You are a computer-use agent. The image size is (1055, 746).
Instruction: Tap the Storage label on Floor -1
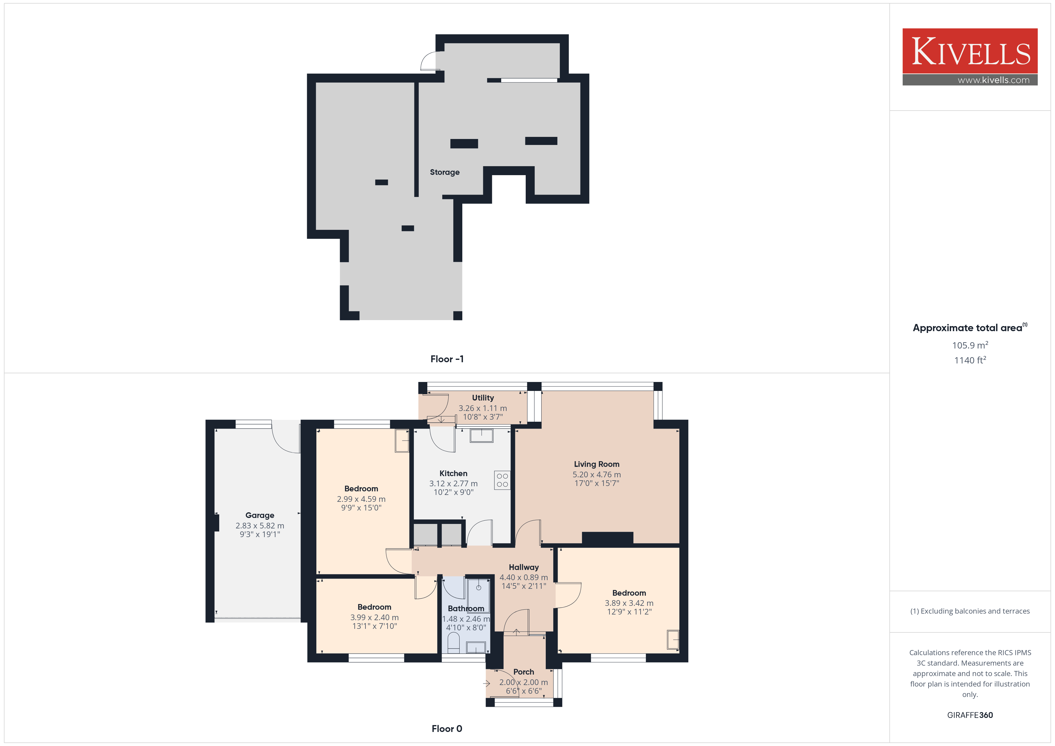[444, 172]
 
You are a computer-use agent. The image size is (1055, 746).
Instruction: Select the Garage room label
[260, 515]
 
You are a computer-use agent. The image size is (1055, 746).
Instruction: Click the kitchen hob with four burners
[502, 480]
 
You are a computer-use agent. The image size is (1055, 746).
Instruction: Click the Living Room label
[596, 464]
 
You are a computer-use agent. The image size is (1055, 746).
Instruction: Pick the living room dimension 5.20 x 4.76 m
[596, 475]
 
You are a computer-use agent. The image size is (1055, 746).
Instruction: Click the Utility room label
[483, 398]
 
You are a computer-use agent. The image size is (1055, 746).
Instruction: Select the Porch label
[524, 672]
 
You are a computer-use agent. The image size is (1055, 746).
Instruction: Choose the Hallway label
[524, 567]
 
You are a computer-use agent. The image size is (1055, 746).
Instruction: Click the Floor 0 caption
[447, 729]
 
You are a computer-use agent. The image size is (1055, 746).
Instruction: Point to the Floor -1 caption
[447, 359]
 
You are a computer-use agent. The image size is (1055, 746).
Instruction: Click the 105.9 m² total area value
[970, 345]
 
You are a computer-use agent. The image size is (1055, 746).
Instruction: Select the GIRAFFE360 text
[970, 715]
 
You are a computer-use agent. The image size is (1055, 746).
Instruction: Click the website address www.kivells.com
[993, 80]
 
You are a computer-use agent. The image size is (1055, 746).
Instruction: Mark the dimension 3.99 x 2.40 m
[374, 617]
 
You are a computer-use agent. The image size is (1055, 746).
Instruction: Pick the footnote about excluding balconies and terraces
[970, 611]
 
